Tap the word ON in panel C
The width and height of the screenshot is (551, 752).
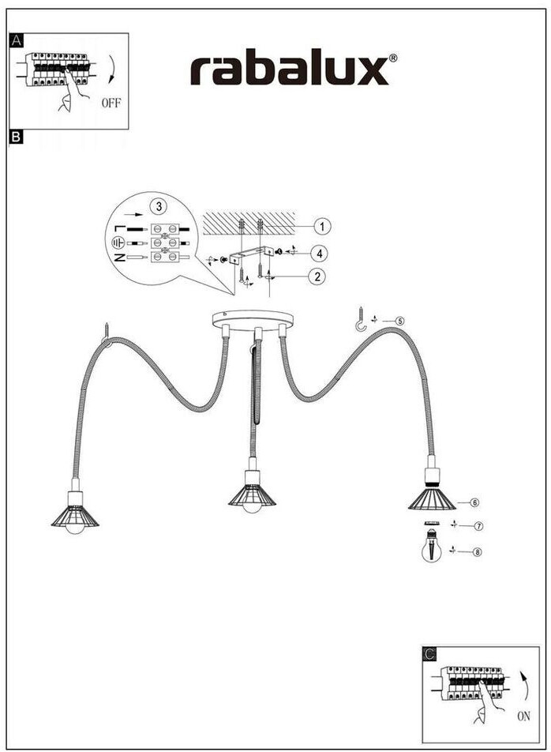click(524, 716)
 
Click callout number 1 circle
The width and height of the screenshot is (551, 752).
click(321, 227)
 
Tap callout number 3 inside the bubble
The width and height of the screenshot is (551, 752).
click(159, 207)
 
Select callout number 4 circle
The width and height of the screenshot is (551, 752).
click(317, 254)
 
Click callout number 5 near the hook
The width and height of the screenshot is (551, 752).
click(400, 321)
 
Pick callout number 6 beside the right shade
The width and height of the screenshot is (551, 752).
click(475, 502)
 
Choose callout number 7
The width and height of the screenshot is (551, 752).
click(478, 525)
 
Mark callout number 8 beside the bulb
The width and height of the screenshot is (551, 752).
click(477, 551)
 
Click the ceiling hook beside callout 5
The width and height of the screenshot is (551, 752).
click(362, 318)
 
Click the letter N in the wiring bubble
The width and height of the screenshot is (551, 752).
click(119, 258)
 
